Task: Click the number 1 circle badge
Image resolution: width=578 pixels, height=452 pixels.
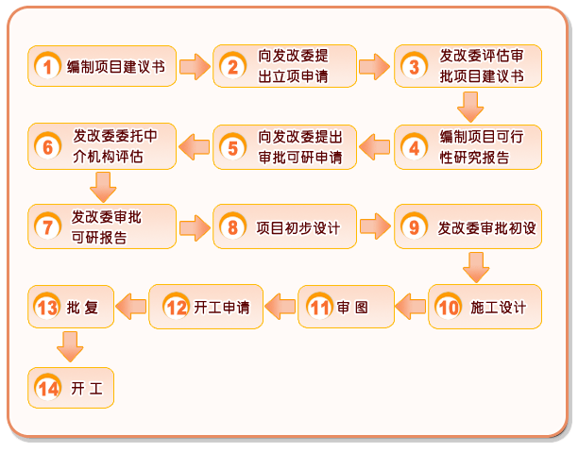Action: [45, 66]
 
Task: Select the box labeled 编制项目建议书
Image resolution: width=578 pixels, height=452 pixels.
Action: [102, 66]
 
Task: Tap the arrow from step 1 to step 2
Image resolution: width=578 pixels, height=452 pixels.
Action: [194, 66]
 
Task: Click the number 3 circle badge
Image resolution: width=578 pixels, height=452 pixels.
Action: [412, 66]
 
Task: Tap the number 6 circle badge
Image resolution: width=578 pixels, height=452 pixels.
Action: [45, 146]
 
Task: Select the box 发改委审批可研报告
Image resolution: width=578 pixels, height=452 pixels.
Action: [102, 226]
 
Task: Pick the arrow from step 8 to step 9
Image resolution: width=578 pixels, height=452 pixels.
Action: [375, 226]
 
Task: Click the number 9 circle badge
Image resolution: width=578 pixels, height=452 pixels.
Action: [412, 227]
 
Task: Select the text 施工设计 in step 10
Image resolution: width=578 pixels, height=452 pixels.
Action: [497, 307]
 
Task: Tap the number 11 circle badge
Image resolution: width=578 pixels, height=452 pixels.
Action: [320, 307]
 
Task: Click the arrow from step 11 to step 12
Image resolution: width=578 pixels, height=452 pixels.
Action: [280, 305]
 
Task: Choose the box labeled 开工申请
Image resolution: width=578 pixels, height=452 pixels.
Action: [205, 307]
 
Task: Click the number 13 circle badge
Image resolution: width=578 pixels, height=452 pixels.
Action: [46, 307]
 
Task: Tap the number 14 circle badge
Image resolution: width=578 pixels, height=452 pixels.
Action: [46, 388]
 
